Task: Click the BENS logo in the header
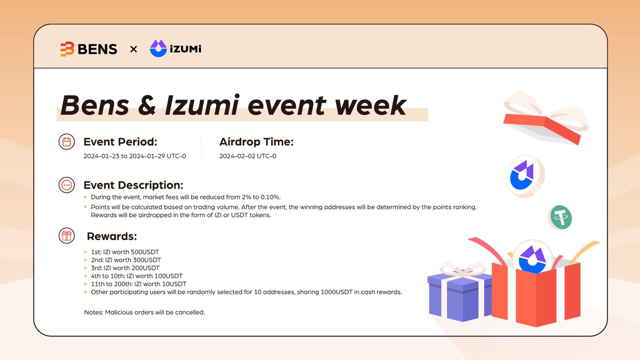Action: click(x=89, y=49)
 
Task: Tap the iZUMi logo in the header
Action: click(x=175, y=49)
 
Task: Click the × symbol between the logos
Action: click(x=133, y=50)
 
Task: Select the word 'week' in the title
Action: click(x=370, y=106)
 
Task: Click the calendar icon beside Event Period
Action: click(x=67, y=142)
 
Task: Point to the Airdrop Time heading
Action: click(x=257, y=142)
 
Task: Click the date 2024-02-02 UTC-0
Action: click(x=247, y=156)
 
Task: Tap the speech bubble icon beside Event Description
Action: click(x=67, y=185)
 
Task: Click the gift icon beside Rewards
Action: click(x=67, y=236)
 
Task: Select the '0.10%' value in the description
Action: click(x=270, y=197)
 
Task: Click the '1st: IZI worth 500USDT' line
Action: click(x=125, y=252)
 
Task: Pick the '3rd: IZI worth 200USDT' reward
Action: click(x=125, y=268)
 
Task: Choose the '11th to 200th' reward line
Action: click(x=139, y=284)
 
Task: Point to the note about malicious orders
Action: click(x=145, y=313)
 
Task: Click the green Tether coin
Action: click(x=561, y=218)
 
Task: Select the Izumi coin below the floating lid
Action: click(x=525, y=177)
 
